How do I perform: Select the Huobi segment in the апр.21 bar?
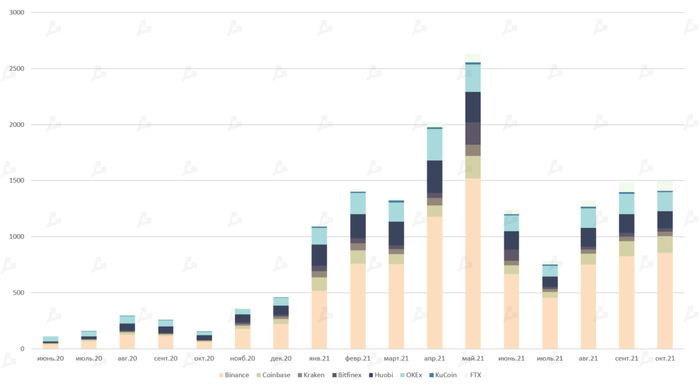(435, 177)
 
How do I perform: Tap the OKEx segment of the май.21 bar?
(473, 78)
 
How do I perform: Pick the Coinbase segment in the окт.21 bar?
(665, 244)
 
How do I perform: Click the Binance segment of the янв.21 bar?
(319, 320)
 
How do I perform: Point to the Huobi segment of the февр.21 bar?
(358, 226)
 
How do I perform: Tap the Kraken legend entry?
(311, 375)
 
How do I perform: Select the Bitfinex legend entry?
(348, 375)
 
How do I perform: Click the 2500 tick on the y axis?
(15, 69)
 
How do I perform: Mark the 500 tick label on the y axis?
(17, 293)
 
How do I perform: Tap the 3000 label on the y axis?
(15, 13)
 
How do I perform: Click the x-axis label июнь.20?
(51, 359)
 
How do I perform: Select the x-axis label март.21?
(396, 359)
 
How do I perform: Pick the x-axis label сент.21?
(626, 359)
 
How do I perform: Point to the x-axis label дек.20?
(281, 359)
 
